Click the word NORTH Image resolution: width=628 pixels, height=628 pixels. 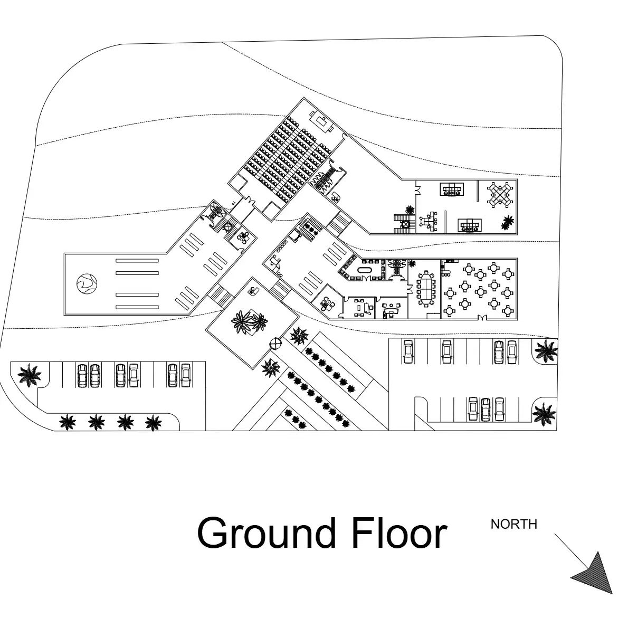pos(514,524)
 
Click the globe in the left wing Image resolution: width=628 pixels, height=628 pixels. pos(87,283)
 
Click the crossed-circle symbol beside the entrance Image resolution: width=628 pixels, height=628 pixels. pos(275,343)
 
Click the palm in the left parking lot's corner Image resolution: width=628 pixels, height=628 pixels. pos(29,375)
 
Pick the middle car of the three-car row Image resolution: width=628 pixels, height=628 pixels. pos(486,410)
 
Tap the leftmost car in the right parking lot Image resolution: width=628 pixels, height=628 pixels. pos(408,351)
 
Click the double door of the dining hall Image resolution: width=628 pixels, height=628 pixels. pos(481,318)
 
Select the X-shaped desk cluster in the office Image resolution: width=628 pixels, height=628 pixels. pos(500,195)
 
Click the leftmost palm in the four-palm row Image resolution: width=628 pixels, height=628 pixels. pos(68,422)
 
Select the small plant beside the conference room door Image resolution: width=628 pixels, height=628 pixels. pos(411,263)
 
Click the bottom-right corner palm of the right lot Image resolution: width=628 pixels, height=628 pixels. pos(544,413)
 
